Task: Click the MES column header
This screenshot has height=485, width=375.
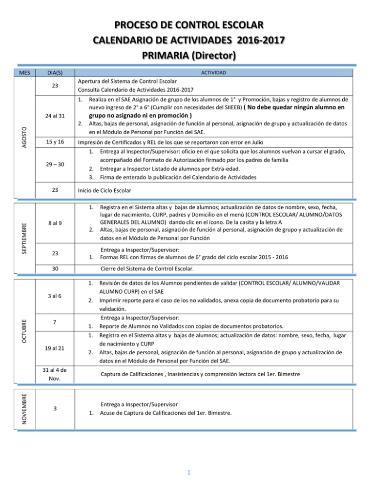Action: pyautogui.click(x=23, y=72)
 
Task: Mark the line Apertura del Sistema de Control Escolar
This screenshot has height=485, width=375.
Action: pyautogui.click(x=130, y=81)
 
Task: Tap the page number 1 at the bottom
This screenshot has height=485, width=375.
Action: pyautogui.click(x=187, y=471)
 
